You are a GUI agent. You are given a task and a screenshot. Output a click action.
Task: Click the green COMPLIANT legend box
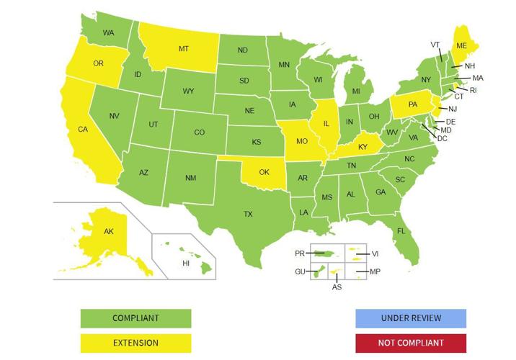[x=135, y=318]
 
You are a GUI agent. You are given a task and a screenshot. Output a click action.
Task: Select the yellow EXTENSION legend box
[x=135, y=343]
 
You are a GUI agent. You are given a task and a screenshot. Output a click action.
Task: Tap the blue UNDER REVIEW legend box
[x=411, y=318]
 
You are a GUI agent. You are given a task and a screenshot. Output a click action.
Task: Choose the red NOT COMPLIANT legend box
[x=411, y=343]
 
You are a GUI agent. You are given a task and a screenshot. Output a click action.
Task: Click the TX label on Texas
[x=248, y=214]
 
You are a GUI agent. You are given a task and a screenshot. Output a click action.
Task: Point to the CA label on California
[x=83, y=130]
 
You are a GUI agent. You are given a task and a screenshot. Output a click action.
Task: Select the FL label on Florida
[x=401, y=231]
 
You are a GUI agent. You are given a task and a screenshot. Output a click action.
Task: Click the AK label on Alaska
[x=109, y=232]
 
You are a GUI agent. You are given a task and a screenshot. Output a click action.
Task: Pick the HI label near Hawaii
[x=186, y=264]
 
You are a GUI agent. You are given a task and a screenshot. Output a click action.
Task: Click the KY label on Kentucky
[x=363, y=147]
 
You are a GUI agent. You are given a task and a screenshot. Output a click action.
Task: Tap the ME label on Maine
[x=461, y=44]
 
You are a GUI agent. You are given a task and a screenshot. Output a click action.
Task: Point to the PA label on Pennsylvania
[x=413, y=104]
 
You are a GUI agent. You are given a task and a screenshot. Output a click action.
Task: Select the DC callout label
[x=442, y=138]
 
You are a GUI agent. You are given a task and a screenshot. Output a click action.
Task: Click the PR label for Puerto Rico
[x=300, y=253]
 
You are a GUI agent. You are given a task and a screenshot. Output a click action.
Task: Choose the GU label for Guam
[x=300, y=271]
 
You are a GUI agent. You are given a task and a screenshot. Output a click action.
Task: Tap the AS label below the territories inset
[x=337, y=287]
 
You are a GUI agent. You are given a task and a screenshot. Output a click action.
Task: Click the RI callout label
[x=473, y=90]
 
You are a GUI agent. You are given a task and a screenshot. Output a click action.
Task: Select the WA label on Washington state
[x=109, y=33]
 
